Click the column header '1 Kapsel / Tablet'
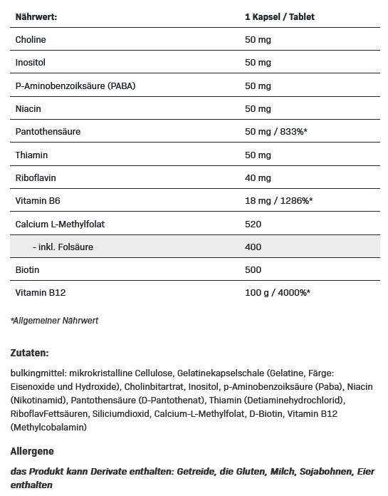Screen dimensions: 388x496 tap(279, 16)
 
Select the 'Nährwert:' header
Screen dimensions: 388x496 tap(36, 16)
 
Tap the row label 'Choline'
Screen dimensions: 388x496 tap(31, 40)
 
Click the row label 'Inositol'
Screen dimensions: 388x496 tap(30, 63)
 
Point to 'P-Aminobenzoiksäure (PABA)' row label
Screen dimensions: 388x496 tap(75, 86)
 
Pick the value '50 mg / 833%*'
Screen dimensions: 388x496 tap(276, 132)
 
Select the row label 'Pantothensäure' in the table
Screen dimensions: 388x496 tap(48, 132)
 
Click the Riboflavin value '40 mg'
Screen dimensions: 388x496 tap(258, 178)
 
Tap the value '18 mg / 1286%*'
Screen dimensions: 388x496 tap(278, 201)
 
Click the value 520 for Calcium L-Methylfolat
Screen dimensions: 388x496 tap(253, 224)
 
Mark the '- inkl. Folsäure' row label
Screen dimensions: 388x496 tap(63, 247)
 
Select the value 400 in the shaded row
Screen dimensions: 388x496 tap(253, 247)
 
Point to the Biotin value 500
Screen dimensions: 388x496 tap(253, 270)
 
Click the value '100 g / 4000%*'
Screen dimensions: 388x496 tap(277, 293)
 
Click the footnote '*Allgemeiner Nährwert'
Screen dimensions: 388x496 tap(55, 321)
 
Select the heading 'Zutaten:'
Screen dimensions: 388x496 tap(30, 353)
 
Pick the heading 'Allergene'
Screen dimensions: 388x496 tap(32, 451)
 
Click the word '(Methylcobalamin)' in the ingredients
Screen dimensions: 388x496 tap(48, 427)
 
